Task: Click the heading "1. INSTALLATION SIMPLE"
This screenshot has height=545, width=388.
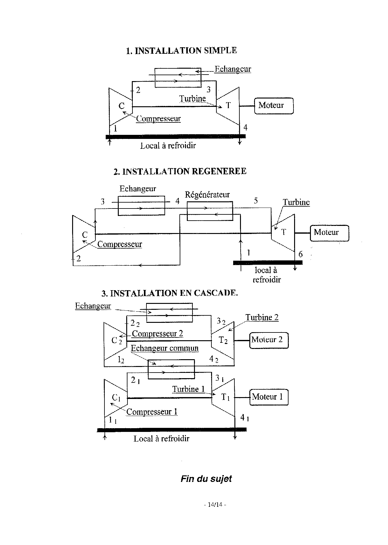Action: coord(181,51)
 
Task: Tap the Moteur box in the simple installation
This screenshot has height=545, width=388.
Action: coord(274,106)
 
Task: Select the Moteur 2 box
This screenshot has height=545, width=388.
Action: coord(269,340)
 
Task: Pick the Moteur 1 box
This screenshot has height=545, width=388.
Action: coord(269,397)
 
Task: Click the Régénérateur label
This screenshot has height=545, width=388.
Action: coord(207,195)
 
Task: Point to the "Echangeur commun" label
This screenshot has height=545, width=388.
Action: coord(164,348)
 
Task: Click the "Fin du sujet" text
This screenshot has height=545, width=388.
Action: coord(206,479)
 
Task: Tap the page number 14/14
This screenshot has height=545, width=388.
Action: coord(215,505)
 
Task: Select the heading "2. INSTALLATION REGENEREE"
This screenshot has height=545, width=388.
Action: coord(180,172)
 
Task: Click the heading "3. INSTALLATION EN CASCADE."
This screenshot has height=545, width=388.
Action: coord(170,293)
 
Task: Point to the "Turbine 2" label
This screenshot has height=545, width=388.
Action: coord(262,318)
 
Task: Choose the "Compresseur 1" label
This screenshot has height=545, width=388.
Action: coord(152,412)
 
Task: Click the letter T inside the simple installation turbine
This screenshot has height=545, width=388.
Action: coord(228,106)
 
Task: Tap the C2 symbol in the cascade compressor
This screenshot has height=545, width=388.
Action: coord(117,341)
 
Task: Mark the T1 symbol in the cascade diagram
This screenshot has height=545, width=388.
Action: coord(225,397)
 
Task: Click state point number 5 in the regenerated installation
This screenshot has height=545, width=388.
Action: coord(256,201)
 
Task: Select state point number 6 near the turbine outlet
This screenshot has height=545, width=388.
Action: coord(300,254)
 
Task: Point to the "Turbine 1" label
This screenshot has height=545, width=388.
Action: coord(188,389)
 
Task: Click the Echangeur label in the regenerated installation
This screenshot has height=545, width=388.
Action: coord(138,189)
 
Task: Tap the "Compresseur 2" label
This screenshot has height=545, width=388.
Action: coord(157,334)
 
